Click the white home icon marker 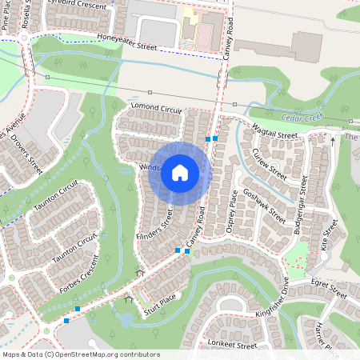click(x=180, y=172)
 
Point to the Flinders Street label click(x=158, y=225)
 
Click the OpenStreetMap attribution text click(x=81, y=354)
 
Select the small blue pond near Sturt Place click(x=126, y=321)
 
